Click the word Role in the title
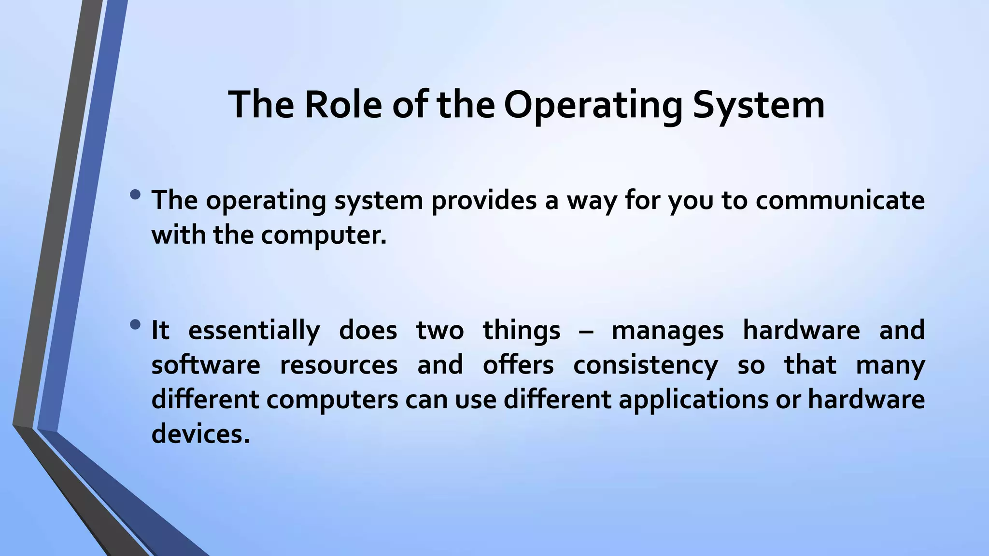(343, 105)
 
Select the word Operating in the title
(593, 105)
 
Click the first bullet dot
(136, 195)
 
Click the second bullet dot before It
(136, 325)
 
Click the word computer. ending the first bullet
(324, 235)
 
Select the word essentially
(254, 330)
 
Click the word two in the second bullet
(439, 330)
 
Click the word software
(206, 365)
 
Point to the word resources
(339, 365)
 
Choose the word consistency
(645, 365)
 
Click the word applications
(693, 400)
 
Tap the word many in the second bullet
(890, 365)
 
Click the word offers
(518, 365)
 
